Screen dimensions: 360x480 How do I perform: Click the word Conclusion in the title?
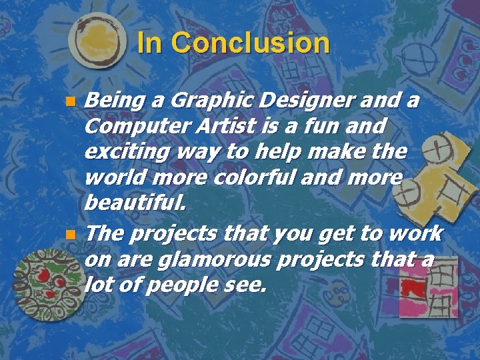point(250,43)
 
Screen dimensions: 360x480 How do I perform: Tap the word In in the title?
point(149,43)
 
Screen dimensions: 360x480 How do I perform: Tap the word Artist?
point(219,125)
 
